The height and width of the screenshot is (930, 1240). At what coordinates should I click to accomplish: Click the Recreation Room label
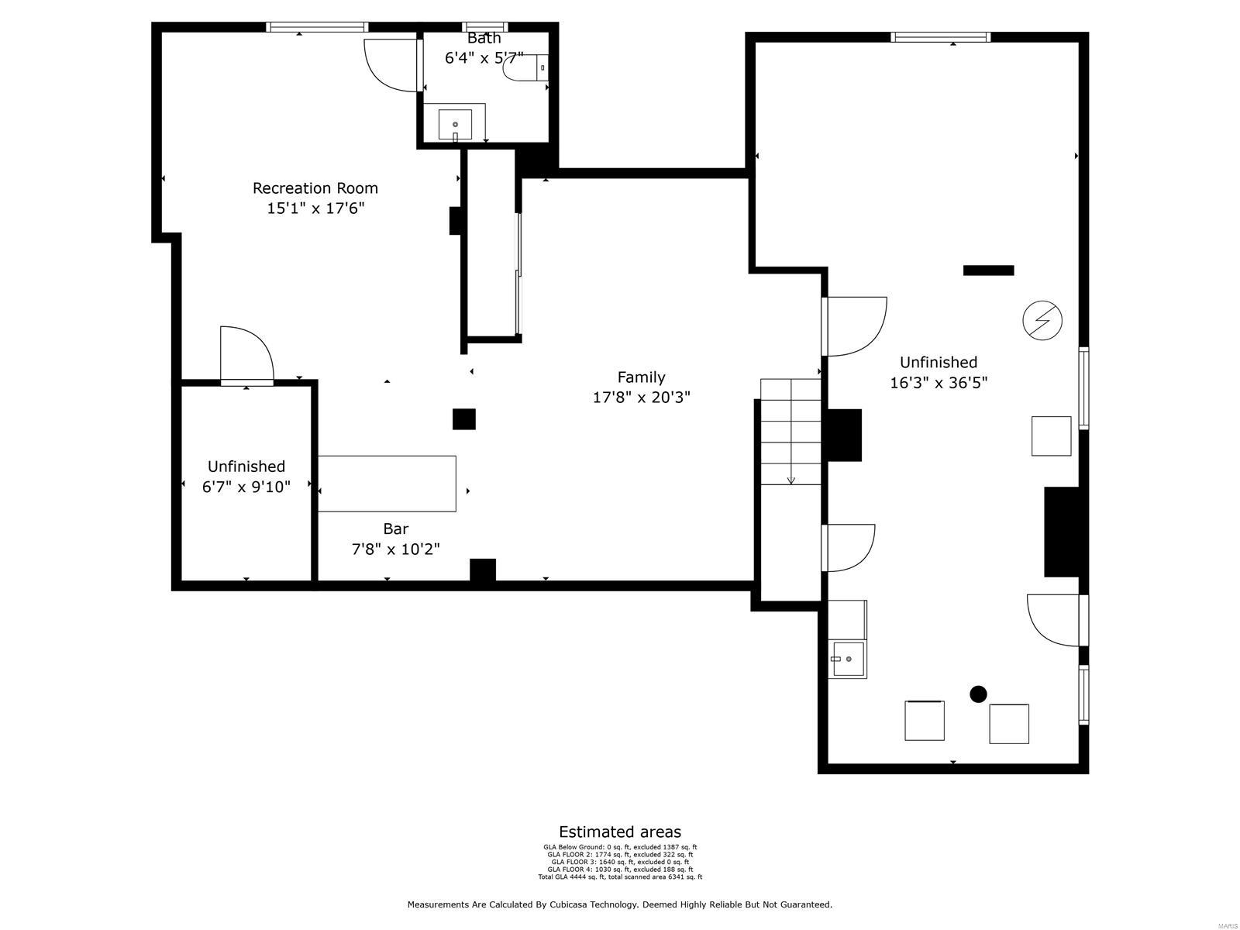click(315, 188)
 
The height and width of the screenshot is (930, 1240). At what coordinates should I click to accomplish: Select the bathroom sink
click(455, 124)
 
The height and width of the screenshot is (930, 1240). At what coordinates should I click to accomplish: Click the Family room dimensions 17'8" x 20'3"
click(641, 398)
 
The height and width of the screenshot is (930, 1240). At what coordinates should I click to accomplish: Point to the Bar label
click(395, 529)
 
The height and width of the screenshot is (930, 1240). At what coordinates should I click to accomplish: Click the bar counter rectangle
click(387, 484)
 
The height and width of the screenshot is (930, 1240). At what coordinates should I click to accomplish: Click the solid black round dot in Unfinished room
click(978, 694)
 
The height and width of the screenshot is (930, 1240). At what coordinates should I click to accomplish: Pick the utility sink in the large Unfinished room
click(847, 660)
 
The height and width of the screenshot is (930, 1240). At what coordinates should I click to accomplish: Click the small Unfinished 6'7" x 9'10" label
click(246, 477)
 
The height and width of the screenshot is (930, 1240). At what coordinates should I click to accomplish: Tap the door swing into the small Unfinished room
click(246, 354)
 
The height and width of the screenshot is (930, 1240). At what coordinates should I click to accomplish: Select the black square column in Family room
click(463, 418)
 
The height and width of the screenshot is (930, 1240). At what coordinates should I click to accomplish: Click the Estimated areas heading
click(620, 832)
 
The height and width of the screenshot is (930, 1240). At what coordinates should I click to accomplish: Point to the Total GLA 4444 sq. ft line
click(620, 877)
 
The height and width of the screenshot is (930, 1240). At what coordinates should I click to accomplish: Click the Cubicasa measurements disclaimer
click(620, 904)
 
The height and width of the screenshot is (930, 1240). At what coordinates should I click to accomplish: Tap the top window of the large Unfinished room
click(940, 36)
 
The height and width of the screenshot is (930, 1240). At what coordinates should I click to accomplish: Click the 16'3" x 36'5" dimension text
click(938, 383)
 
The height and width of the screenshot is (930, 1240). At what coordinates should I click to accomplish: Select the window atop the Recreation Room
click(316, 27)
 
